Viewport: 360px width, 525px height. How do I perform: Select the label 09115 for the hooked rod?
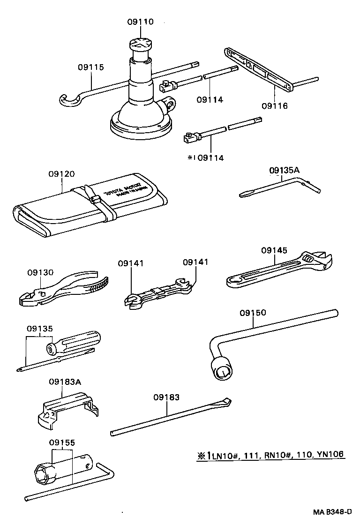coord(90,67)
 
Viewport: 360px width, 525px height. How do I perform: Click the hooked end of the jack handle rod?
coord(69,100)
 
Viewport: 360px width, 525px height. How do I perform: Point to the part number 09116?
coord(275,106)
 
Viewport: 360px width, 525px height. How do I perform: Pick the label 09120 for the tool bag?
coord(61,173)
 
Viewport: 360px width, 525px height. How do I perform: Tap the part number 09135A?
coord(284,170)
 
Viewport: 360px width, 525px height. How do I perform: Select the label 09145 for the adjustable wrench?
coord(274,250)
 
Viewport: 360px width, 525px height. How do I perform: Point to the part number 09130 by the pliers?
coord(40,272)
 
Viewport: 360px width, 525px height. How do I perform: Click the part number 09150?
coord(253,312)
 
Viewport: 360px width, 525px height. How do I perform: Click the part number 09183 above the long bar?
coord(166,397)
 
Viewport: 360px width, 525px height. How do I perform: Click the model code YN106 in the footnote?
coord(331,454)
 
